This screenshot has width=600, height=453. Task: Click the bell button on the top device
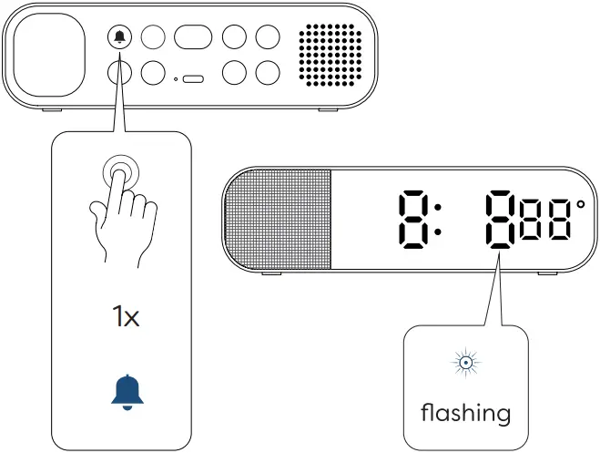(x=120, y=36)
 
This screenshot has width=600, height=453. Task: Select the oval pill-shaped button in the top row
(x=193, y=36)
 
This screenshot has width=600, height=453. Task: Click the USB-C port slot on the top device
(x=193, y=79)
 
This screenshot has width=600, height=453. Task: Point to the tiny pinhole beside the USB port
(x=177, y=79)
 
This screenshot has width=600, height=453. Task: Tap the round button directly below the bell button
(x=120, y=72)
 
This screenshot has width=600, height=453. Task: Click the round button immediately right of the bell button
(x=155, y=36)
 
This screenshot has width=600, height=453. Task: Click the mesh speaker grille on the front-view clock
(x=279, y=220)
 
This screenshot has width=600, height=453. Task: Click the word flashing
(x=465, y=413)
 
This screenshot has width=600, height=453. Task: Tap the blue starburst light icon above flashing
(x=465, y=364)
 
